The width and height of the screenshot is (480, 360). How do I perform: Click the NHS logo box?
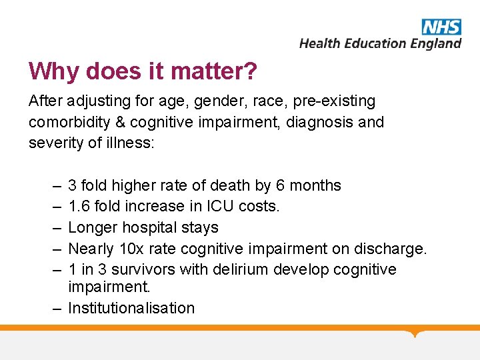point(441,27)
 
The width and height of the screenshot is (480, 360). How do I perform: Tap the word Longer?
point(91,228)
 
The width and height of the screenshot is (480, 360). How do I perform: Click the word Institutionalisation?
point(131,308)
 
